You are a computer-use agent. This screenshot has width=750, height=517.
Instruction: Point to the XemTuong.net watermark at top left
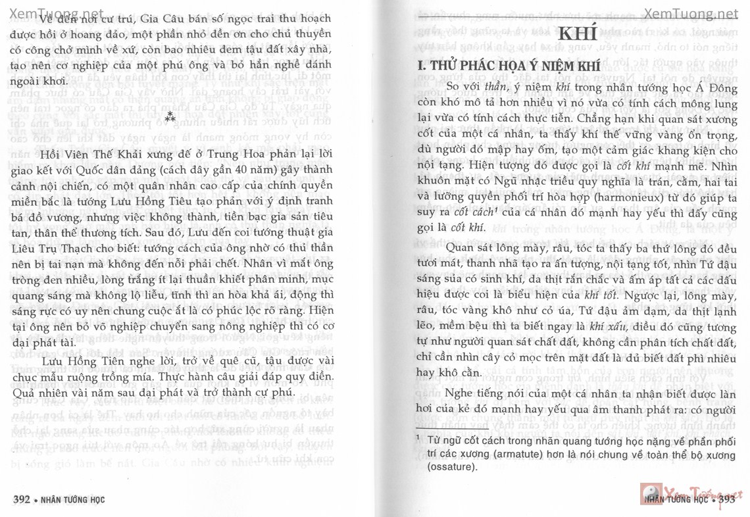[x=43, y=14]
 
